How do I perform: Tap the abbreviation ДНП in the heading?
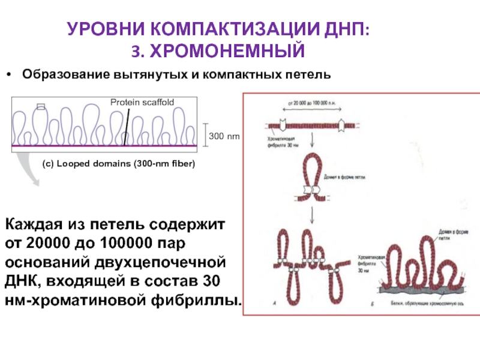(340, 29)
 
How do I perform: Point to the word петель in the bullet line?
(310, 75)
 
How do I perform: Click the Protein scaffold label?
(142, 103)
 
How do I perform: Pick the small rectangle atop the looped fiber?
(41, 107)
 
